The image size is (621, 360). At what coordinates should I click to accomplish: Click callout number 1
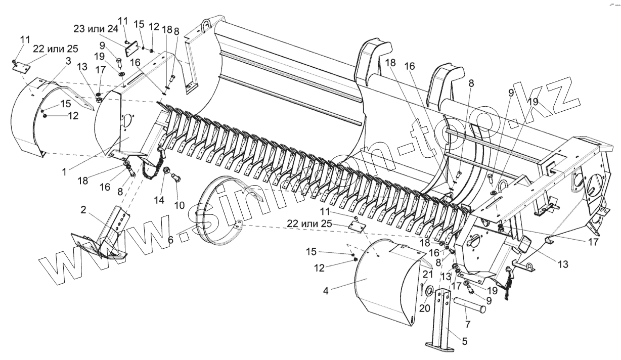(64, 172)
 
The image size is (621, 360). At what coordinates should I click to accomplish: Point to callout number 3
(68, 61)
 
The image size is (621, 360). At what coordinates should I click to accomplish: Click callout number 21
(428, 274)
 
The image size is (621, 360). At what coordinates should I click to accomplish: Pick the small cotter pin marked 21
(421, 287)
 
